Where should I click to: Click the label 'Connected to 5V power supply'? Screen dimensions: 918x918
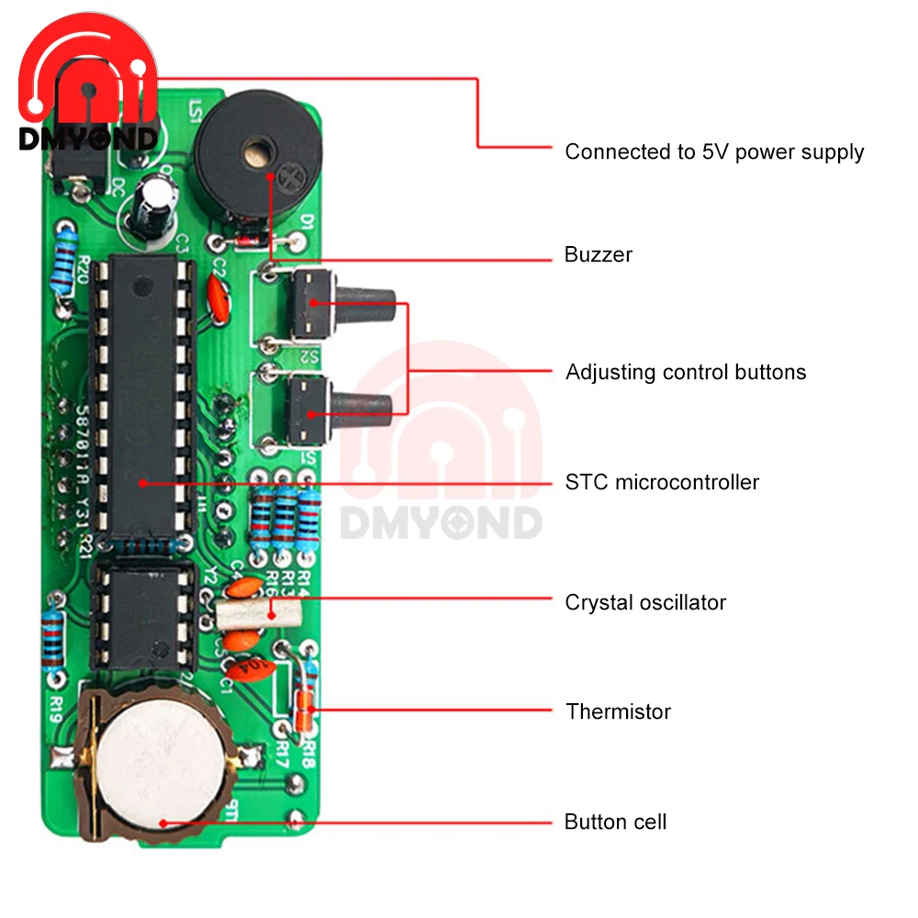point(714,151)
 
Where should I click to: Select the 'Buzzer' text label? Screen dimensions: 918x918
point(599,254)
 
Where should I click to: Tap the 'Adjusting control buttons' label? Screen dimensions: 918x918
point(686,372)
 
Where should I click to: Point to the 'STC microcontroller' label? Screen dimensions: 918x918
point(662,482)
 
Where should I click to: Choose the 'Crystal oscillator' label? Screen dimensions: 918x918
point(645,602)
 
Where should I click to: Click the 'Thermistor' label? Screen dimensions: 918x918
point(618,711)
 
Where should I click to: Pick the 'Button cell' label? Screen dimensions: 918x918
point(615,822)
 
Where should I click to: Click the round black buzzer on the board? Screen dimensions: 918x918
point(243,156)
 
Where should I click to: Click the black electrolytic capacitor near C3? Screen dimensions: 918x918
point(152,208)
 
